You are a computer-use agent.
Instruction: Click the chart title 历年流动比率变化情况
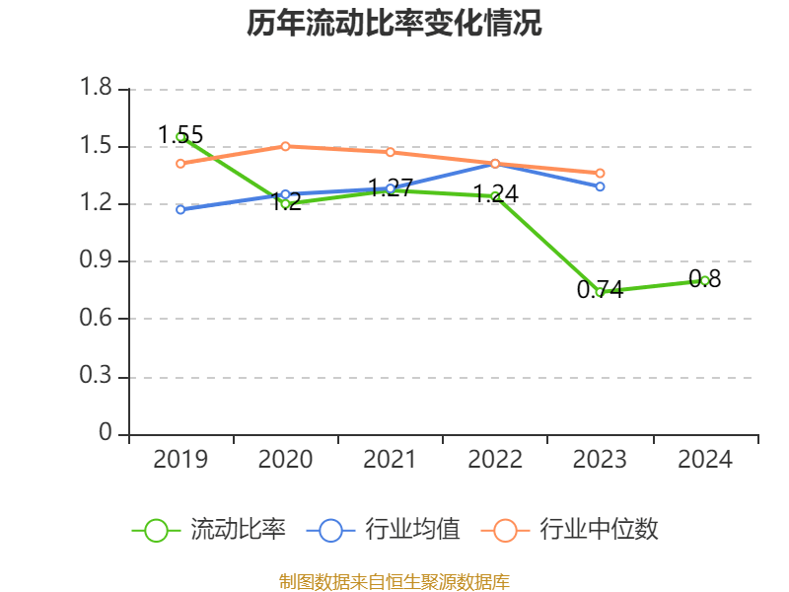click(394, 24)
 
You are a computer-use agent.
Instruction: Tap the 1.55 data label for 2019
click(180, 134)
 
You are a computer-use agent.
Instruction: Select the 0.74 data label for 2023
click(600, 289)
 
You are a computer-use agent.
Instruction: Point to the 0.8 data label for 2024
click(705, 279)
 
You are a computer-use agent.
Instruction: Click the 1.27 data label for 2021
click(390, 187)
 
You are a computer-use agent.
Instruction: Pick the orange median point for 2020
click(285, 146)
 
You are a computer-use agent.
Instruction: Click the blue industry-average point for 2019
click(180, 209)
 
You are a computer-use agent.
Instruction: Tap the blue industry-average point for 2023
click(600, 186)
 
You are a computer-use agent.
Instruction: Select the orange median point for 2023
click(600, 173)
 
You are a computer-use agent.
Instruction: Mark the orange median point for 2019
click(180, 163)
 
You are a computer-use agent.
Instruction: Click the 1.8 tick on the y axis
click(97, 90)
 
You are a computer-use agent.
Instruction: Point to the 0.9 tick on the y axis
click(97, 261)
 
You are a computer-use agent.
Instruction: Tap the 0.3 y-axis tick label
click(97, 377)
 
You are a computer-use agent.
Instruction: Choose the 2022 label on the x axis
click(495, 459)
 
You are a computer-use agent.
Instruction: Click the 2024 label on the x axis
click(705, 459)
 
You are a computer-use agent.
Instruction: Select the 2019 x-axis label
click(180, 459)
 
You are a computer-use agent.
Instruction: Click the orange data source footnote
click(394, 582)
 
